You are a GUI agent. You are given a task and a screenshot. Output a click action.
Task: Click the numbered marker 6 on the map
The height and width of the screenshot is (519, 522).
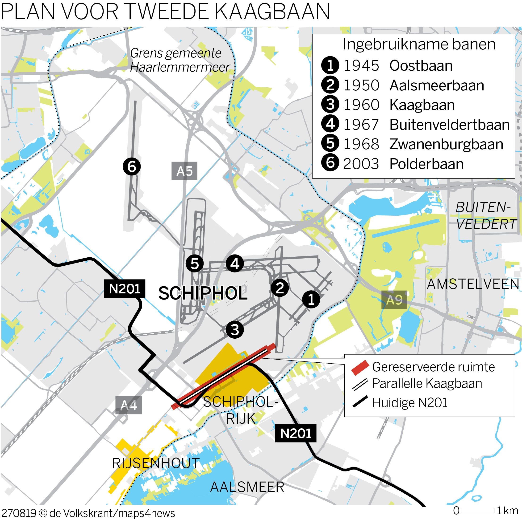132,166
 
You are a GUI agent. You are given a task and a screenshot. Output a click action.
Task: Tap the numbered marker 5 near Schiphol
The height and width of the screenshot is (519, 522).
195,264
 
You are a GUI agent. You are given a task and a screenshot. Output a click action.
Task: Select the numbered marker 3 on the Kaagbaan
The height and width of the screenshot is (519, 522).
234,329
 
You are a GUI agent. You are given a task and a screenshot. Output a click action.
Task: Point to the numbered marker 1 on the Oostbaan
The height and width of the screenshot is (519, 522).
311,299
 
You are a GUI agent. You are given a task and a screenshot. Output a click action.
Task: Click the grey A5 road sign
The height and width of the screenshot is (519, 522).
184,171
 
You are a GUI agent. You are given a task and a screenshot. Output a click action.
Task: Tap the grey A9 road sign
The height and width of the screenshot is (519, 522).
394,300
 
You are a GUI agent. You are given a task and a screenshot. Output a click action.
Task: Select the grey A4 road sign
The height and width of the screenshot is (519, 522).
129,405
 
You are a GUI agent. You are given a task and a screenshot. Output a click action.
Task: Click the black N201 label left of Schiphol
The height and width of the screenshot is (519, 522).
125,289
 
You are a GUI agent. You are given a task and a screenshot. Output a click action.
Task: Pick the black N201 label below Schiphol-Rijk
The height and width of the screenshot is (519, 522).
296,433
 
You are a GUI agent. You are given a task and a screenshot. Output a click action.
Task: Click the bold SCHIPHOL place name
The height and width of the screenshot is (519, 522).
203,293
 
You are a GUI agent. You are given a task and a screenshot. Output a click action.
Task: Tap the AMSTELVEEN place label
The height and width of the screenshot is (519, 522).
473,284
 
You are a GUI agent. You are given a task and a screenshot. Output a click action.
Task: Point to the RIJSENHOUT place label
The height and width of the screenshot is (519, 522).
156,463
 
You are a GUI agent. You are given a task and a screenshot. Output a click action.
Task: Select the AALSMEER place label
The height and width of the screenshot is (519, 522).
247,487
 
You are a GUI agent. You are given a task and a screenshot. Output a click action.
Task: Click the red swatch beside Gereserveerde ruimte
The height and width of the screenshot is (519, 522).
360,367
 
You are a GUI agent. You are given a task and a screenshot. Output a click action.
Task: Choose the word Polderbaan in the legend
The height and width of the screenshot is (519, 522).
426,164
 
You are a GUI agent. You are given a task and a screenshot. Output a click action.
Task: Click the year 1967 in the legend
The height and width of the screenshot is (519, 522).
361,125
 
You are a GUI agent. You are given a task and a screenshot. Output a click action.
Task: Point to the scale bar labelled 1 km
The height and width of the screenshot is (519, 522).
478,511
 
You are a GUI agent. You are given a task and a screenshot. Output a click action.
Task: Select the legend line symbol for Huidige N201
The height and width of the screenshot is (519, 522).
360,402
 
